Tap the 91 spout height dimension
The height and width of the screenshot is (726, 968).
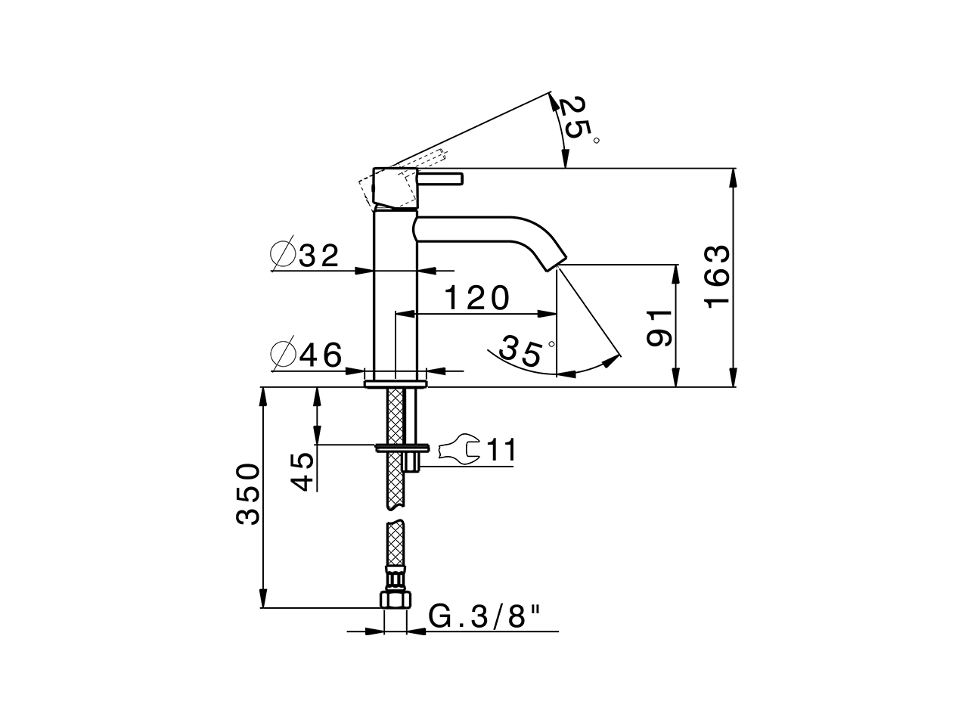tap(659, 327)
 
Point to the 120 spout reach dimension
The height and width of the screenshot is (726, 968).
tap(476, 299)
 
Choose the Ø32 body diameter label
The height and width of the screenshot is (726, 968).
tap(306, 256)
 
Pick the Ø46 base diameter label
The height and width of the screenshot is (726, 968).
tap(306, 355)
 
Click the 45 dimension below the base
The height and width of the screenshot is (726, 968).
tap(303, 471)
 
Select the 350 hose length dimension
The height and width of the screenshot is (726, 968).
tap(248, 495)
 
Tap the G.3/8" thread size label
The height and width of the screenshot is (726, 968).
tap(486, 617)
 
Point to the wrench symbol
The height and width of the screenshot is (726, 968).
tap(458, 451)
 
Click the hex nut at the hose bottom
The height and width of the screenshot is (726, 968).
tap(396, 600)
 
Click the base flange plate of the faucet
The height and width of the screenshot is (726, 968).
tap(396, 383)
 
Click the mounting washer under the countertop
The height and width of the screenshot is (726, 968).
tap(402, 446)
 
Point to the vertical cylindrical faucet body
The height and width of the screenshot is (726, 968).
tap(396, 295)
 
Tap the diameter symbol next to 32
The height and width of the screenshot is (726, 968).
tap(281, 256)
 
